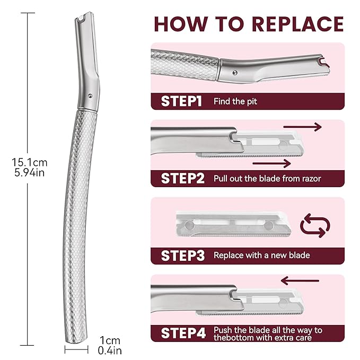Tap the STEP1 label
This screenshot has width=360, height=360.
point(181,101)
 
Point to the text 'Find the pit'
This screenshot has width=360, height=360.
point(235,101)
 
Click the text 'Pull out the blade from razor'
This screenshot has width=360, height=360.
point(267,178)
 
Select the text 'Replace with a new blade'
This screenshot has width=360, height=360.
point(261,256)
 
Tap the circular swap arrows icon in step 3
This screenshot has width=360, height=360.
point(315,224)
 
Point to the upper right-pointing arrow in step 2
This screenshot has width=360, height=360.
point(302,127)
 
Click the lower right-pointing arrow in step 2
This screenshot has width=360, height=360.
point(271,163)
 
